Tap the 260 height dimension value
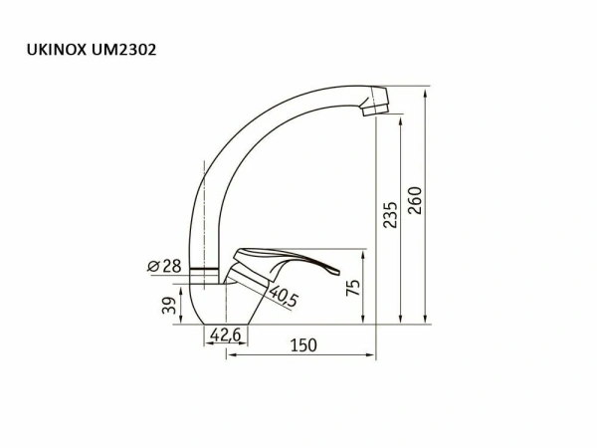click(416, 202)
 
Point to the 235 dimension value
click(390, 214)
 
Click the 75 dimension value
click(353, 289)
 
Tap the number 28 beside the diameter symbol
click(171, 266)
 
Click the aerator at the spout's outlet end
click(375, 103)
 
